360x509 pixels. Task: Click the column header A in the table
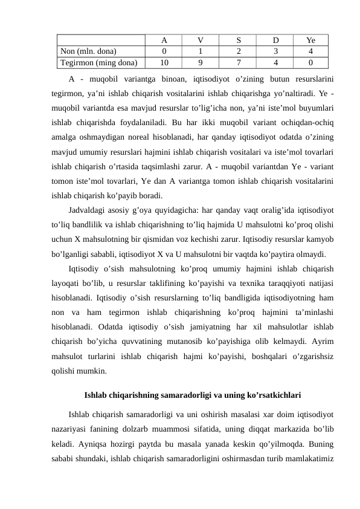tap(164, 41)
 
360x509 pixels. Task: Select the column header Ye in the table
tap(310, 41)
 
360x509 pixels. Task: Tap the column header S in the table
tap(239, 41)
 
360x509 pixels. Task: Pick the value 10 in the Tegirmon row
tap(164, 61)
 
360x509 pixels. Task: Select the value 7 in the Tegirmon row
tap(239, 61)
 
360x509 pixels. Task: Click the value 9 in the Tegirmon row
tap(201, 61)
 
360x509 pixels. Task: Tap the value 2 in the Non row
tap(239, 51)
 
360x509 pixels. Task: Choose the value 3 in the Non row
tap(275, 51)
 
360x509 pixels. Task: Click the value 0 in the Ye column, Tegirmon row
tap(310, 61)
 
